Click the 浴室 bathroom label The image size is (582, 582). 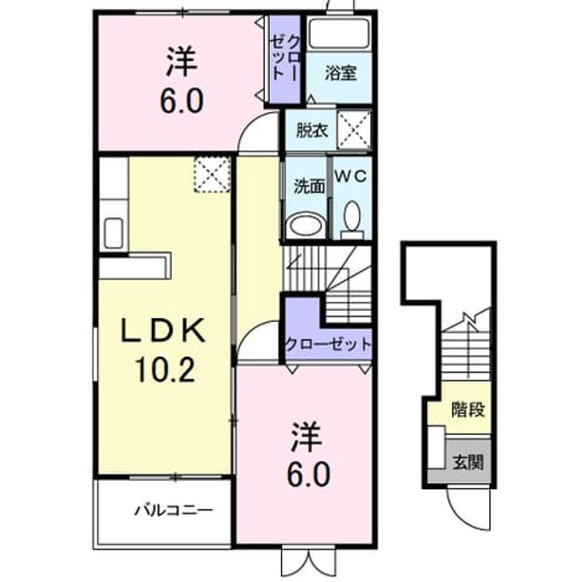(x=340, y=73)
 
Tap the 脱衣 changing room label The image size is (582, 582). (x=312, y=130)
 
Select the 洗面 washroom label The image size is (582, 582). (x=309, y=186)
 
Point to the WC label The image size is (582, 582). (x=351, y=176)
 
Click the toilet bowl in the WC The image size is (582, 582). (x=352, y=220)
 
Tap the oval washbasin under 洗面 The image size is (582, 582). (x=307, y=225)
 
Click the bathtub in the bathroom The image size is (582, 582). (x=339, y=33)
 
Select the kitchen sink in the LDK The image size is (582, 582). (x=113, y=234)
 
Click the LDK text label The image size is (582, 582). (x=164, y=330)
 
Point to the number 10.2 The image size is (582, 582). (x=165, y=370)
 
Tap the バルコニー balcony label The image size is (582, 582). (x=174, y=510)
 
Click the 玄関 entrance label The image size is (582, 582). (x=468, y=463)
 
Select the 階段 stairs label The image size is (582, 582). (x=468, y=409)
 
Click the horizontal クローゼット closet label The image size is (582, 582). (x=328, y=345)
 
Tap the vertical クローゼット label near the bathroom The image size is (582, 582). (x=285, y=57)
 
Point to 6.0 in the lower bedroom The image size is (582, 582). (x=309, y=475)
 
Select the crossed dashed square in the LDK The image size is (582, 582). (x=212, y=174)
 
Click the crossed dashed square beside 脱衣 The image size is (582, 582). (x=354, y=129)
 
